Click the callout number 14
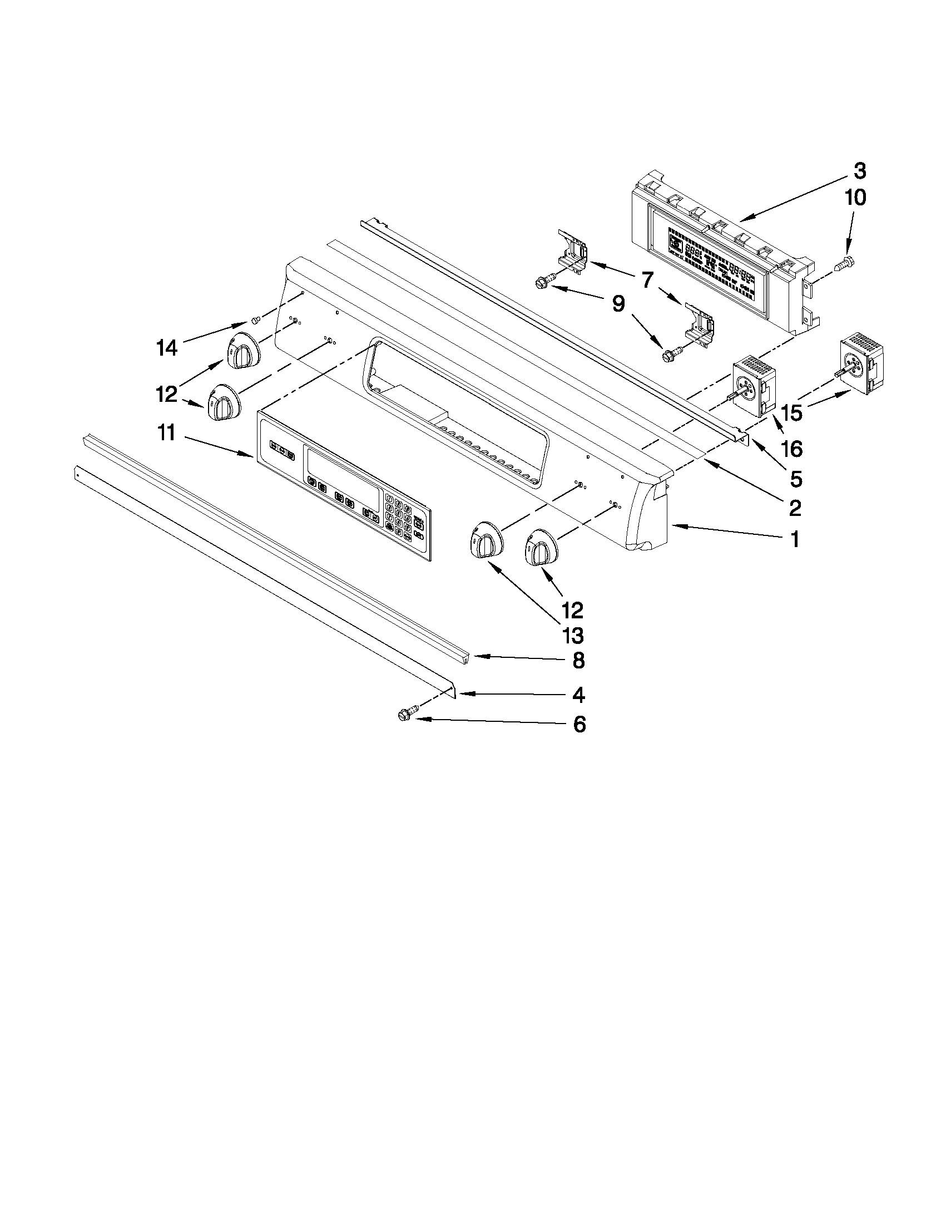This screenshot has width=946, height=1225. tap(166, 348)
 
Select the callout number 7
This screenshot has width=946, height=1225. tap(647, 279)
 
